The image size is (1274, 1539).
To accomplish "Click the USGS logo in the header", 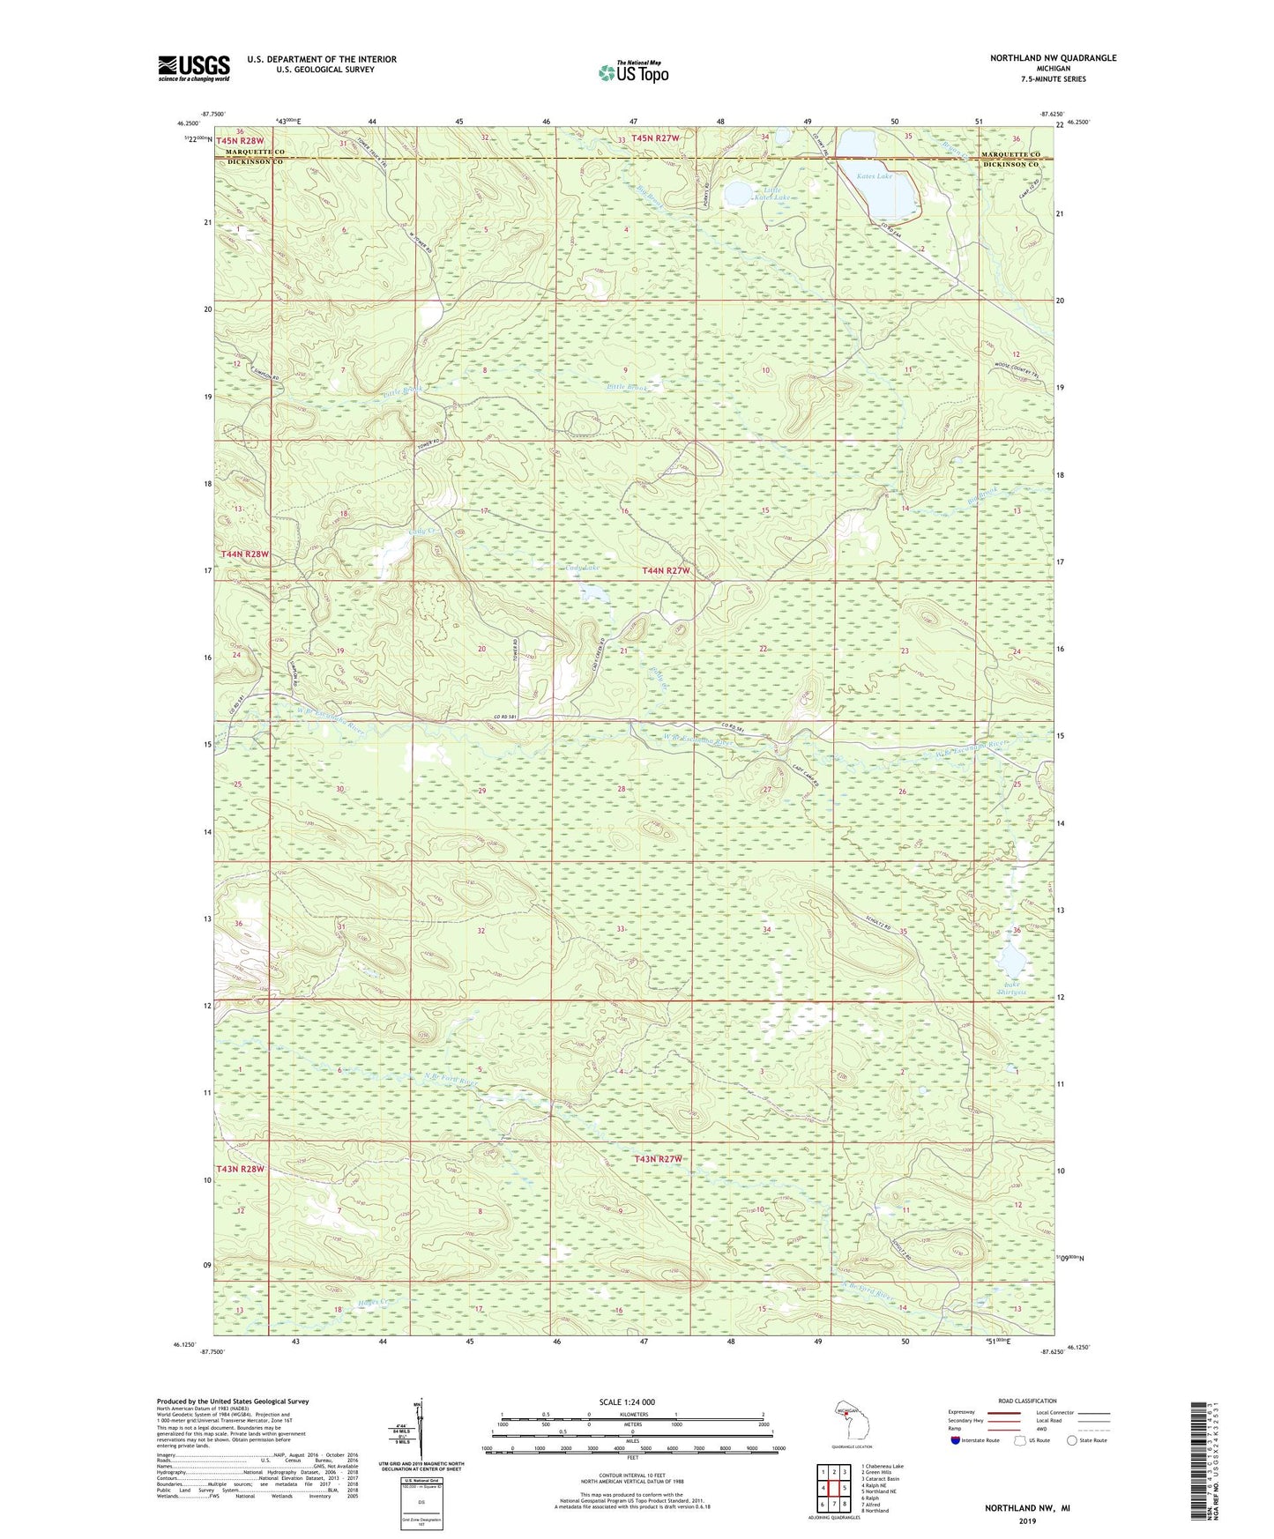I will [194, 68].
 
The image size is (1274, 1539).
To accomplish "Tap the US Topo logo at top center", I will [632, 72].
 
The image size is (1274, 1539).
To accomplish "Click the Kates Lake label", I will [875, 176].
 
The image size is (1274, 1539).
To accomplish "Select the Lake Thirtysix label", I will [1012, 988].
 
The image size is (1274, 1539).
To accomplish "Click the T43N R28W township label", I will [240, 1169].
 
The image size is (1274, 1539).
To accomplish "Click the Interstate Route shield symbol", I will [956, 1440].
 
